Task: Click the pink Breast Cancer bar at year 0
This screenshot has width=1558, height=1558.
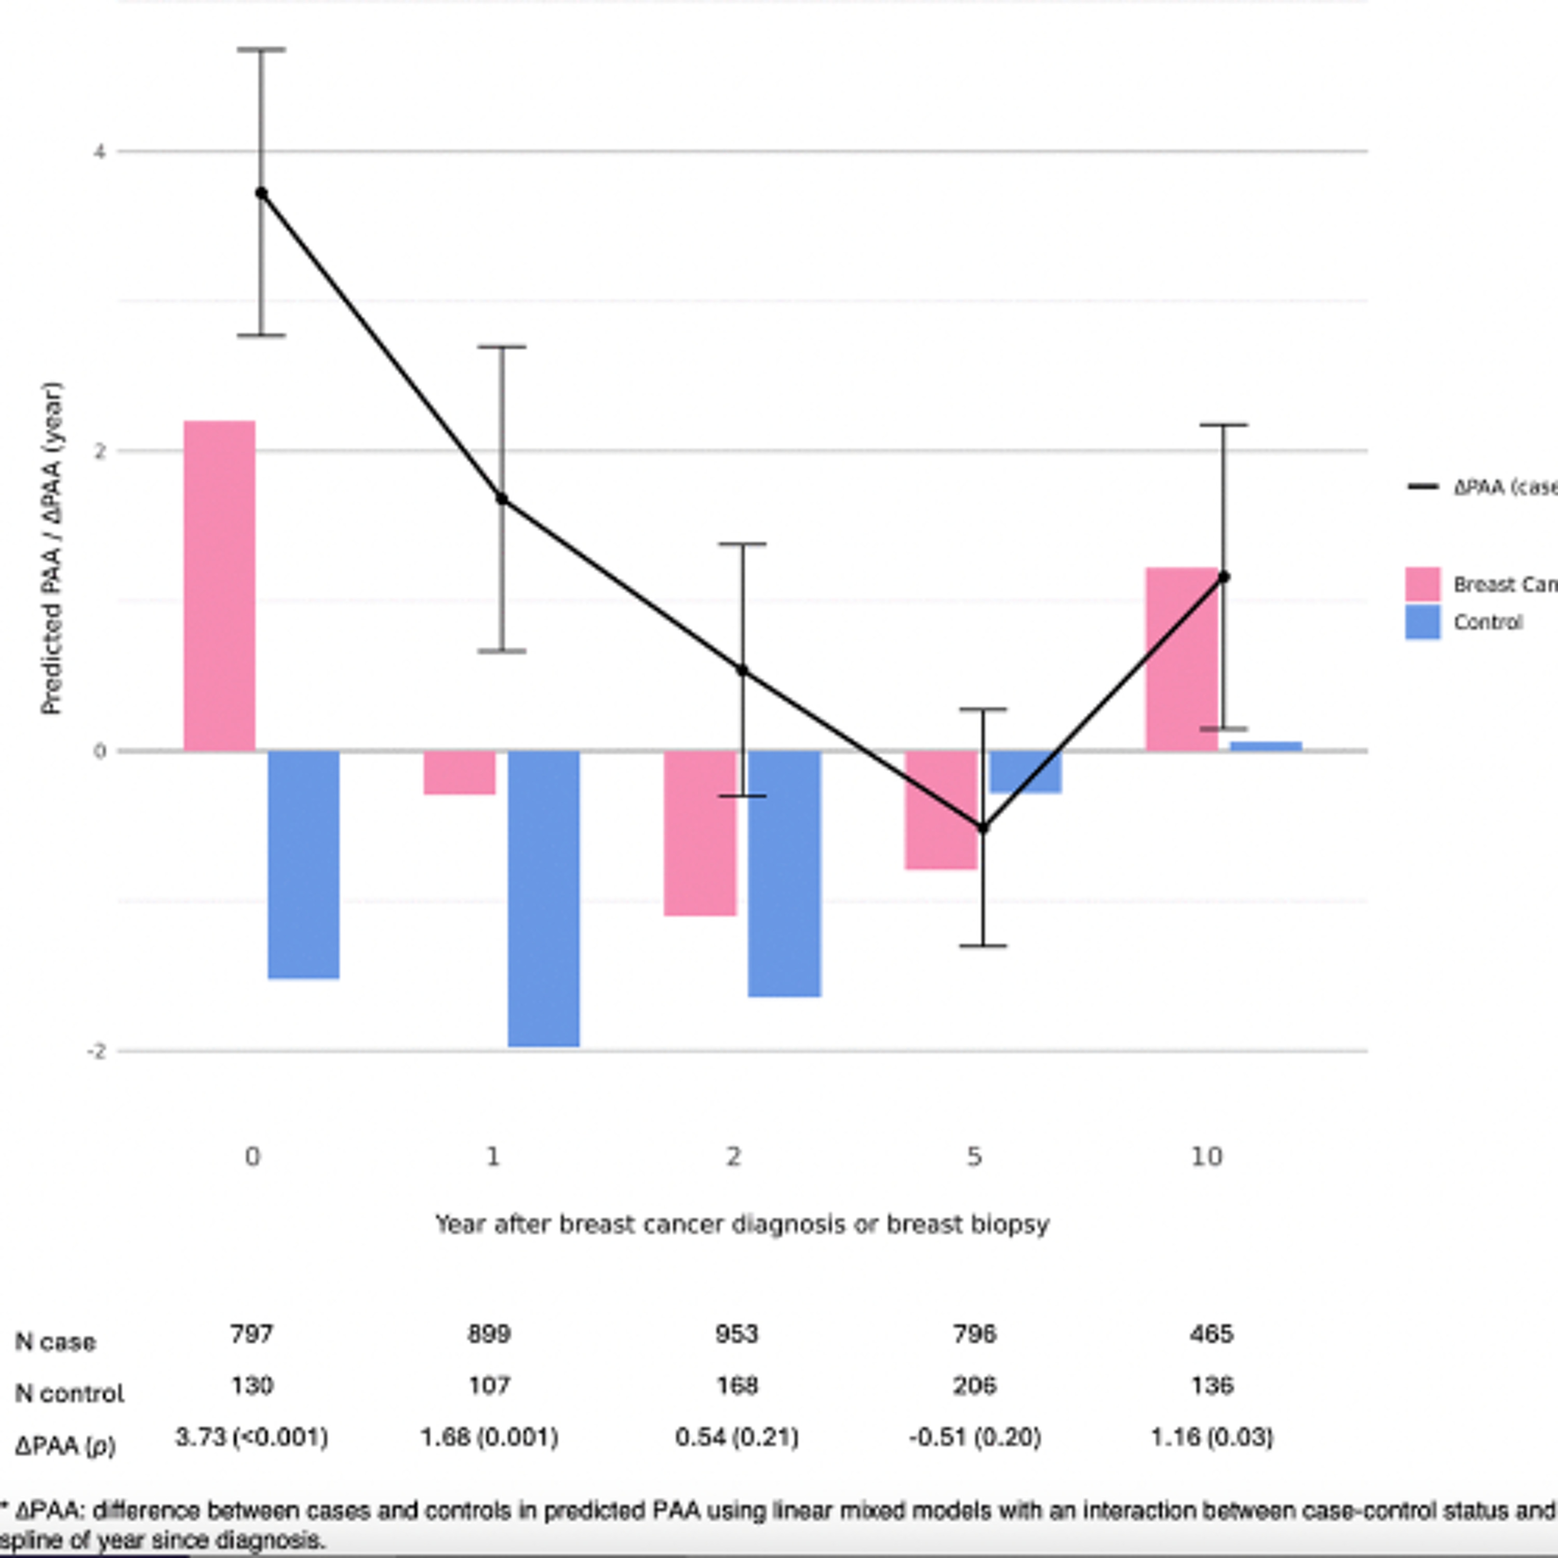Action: click(219, 585)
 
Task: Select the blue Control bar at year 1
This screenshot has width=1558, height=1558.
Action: click(544, 898)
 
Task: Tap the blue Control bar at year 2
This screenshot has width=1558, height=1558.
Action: click(784, 874)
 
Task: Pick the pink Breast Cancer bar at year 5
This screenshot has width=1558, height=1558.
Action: click(941, 810)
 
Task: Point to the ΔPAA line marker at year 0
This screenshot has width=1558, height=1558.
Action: click(261, 193)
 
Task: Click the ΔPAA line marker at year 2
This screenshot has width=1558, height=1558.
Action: click(742, 670)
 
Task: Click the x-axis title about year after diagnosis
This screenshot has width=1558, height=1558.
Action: click(742, 1224)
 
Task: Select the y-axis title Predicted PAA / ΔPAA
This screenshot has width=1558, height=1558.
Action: click(51, 548)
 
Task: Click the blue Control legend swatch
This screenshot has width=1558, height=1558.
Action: click(1422, 622)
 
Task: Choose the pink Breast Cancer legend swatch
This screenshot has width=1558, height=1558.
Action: click(1422, 584)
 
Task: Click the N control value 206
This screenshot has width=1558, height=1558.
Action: click(974, 1386)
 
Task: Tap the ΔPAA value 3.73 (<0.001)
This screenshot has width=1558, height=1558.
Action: click(251, 1437)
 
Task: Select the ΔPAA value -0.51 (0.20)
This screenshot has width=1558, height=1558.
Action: click(974, 1437)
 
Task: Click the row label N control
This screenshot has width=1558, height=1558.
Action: click(70, 1393)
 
